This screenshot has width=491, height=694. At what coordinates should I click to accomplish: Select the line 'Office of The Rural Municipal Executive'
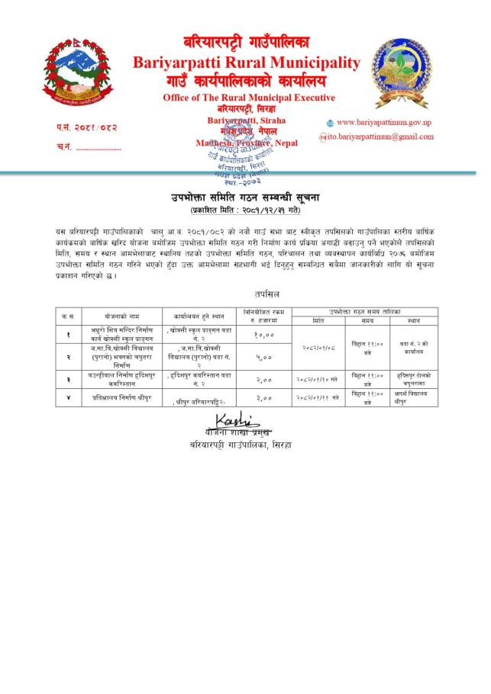click(x=249, y=98)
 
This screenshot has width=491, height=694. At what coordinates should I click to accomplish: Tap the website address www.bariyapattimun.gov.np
click(x=384, y=122)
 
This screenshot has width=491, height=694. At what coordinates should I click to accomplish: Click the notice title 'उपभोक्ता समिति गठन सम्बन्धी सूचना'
click(x=244, y=198)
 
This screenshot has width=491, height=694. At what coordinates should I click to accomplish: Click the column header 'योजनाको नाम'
click(x=112, y=313)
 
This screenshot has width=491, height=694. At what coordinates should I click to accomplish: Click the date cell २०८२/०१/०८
click(x=318, y=345)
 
